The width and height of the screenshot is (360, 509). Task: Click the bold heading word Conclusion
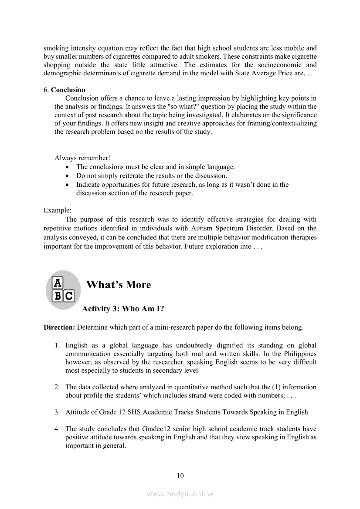(x=68, y=90)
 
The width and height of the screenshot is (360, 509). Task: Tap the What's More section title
(x=119, y=285)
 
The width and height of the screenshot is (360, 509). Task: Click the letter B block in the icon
(x=57, y=297)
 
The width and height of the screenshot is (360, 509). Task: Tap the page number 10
(x=180, y=475)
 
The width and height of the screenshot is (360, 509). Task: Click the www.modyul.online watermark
(x=180, y=494)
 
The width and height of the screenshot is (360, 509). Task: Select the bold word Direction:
(x=59, y=327)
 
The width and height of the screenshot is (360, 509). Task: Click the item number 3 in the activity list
(x=57, y=412)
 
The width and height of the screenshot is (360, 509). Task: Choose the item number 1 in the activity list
(x=57, y=345)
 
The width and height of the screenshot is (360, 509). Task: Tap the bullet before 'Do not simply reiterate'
(x=66, y=176)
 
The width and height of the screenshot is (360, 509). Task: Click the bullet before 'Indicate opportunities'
(x=66, y=185)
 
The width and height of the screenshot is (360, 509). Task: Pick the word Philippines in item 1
(x=300, y=354)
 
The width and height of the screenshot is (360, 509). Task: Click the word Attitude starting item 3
(x=78, y=412)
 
